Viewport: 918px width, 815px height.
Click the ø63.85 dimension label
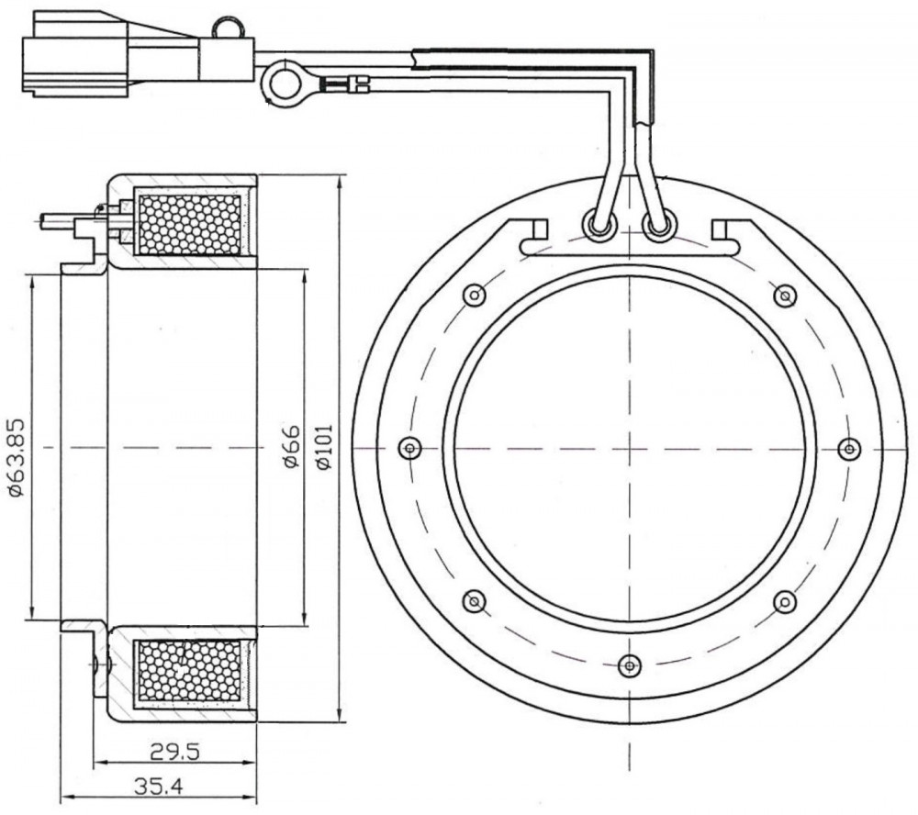(x=16, y=457)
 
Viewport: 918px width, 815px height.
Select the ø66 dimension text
(x=291, y=446)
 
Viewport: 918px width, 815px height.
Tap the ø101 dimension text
(x=324, y=446)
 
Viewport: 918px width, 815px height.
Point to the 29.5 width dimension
(x=174, y=751)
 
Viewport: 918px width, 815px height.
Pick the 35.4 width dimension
(x=158, y=787)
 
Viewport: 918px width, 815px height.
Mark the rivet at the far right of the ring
(x=849, y=449)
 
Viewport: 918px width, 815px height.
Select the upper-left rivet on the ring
(x=475, y=295)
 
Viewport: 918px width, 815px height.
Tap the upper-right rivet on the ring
(x=785, y=295)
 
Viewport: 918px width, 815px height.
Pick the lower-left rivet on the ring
(x=475, y=601)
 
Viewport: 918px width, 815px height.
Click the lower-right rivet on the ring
(x=785, y=601)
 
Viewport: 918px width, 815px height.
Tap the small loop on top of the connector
(x=226, y=27)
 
